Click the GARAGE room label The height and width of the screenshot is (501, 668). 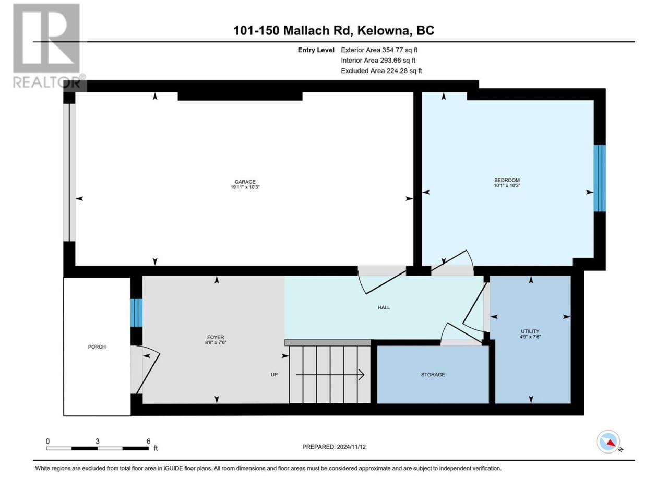245,182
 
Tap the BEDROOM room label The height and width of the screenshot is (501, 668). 507,180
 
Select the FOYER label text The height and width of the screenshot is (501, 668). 216,337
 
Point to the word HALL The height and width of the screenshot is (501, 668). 384,307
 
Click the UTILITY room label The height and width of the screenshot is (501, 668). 530,331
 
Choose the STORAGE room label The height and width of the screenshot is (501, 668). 433,375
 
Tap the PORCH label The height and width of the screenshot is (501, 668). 97,347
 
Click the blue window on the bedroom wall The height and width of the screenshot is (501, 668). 600,178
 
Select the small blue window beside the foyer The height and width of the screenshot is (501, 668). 136,313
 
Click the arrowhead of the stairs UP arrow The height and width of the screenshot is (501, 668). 362,375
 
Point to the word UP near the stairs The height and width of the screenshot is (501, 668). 274,375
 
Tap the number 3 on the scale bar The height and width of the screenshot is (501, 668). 98,441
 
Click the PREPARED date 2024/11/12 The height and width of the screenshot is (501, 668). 351,447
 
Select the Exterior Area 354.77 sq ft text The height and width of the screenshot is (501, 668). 379,50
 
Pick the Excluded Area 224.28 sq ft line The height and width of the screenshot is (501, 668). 381,70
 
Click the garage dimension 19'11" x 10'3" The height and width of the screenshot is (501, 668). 245,187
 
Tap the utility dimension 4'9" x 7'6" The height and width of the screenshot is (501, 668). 530,337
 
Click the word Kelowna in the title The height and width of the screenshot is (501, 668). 383,30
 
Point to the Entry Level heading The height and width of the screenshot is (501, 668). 316,50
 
